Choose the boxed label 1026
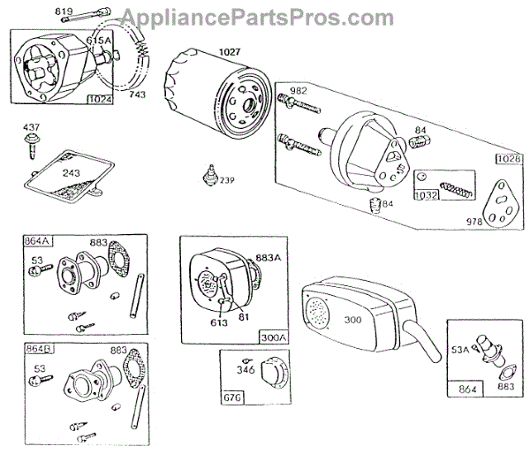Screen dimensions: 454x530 (x=507, y=159)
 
